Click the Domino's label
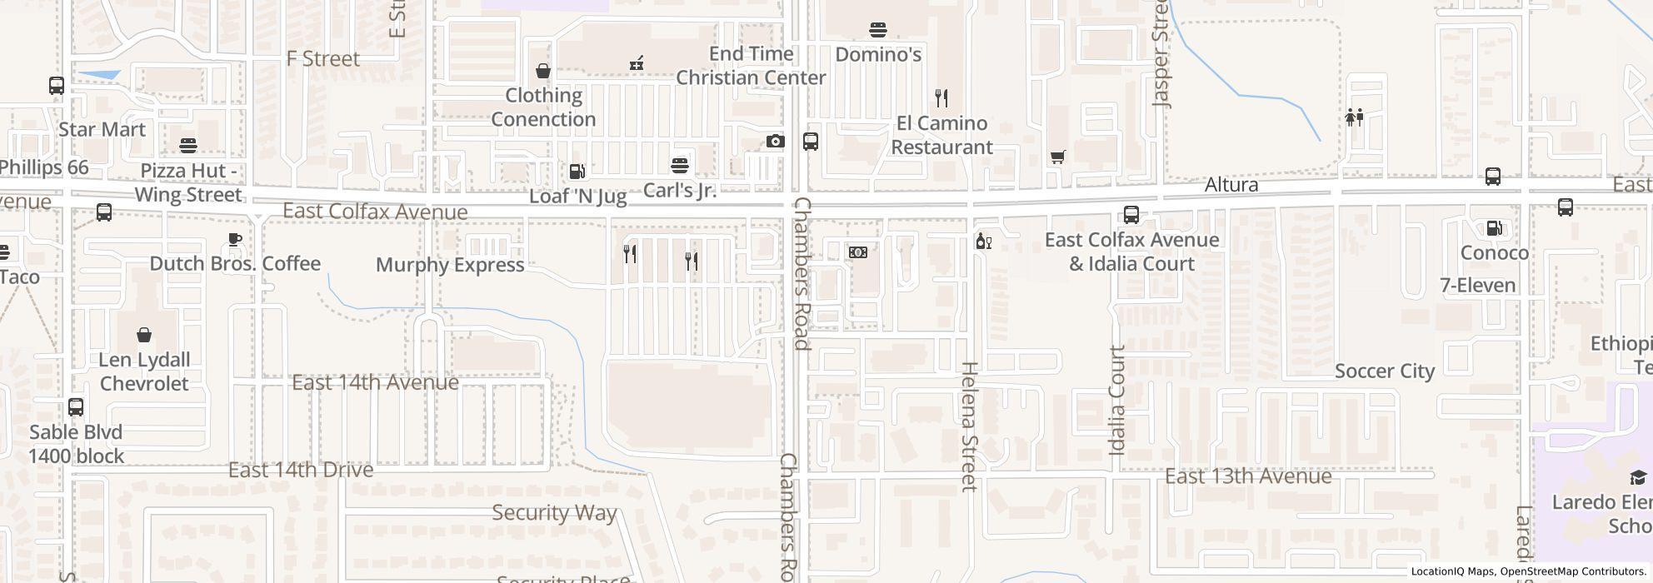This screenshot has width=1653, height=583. pyautogui.click(x=878, y=55)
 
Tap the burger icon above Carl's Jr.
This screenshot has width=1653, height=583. pyautogui.click(x=680, y=164)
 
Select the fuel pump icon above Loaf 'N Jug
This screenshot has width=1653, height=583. pyautogui.click(x=577, y=172)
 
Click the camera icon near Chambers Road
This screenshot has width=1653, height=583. pyautogui.click(x=775, y=142)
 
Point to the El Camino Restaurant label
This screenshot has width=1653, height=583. pyautogui.click(x=941, y=135)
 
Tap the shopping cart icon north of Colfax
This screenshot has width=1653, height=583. pyautogui.click(x=1057, y=157)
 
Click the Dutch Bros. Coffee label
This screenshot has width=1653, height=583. pyautogui.click(x=235, y=264)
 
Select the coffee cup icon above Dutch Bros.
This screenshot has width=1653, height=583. pyautogui.click(x=235, y=240)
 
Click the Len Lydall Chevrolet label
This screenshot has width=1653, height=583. pyautogui.click(x=144, y=371)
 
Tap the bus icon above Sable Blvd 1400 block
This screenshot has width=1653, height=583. pyautogui.click(x=76, y=407)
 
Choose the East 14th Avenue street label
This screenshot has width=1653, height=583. pyautogui.click(x=375, y=382)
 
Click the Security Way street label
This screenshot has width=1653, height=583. pyautogui.click(x=554, y=513)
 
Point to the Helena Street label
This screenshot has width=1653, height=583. pyautogui.click(x=969, y=426)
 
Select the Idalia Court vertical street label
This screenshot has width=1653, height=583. pyautogui.click(x=1117, y=401)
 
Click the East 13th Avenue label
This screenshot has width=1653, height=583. pyautogui.click(x=1248, y=476)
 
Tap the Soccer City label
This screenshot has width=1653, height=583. pyautogui.click(x=1385, y=371)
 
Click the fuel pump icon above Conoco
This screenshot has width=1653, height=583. pyautogui.click(x=1494, y=228)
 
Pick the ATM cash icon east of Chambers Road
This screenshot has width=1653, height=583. pyautogui.click(x=857, y=252)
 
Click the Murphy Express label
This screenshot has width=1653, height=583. pyautogui.click(x=450, y=265)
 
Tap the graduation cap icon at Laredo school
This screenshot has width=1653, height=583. pyautogui.click(x=1637, y=477)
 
